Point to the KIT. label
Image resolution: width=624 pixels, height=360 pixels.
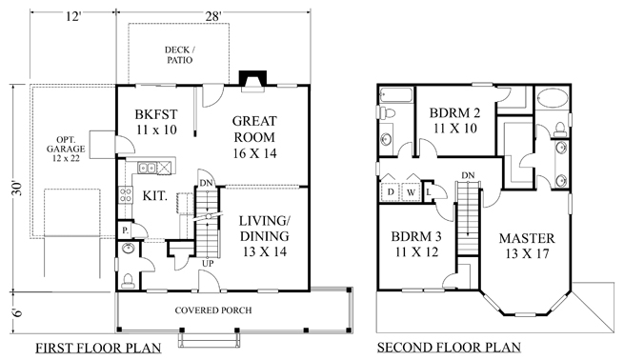(x=156, y=193)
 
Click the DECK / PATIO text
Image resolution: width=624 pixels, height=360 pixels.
(x=179, y=54)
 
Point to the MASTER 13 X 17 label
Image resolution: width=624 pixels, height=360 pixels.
(x=527, y=245)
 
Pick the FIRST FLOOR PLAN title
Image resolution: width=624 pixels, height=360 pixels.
(x=98, y=347)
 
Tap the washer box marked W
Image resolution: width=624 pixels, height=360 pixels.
(x=412, y=191)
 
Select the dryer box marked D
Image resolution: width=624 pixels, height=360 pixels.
(x=392, y=191)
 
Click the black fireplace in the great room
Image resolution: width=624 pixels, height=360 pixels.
(x=252, y=77)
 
